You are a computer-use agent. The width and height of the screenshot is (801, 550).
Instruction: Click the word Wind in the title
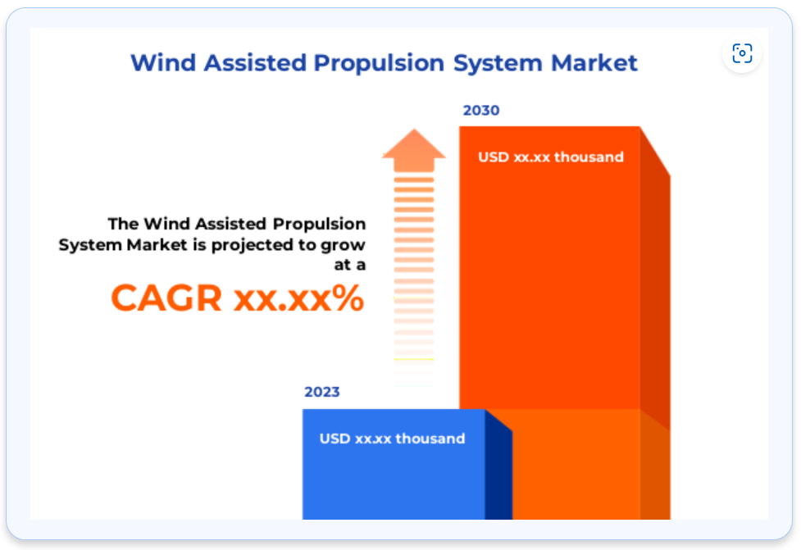pyautogui.click(x=163, y=63)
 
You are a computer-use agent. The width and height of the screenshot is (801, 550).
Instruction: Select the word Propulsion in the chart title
pyautogui.click(x=379, y=64)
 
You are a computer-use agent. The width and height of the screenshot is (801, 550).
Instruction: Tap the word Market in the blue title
pyautogui.click(x=594, y=63)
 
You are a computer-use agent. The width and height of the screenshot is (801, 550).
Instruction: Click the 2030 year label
pyautogui.click(x=480, y=111)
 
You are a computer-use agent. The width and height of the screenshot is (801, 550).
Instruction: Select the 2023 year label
pyautogui.click(x=322, y=392)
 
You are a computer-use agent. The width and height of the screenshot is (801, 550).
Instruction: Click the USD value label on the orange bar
pyautogui.click(x=551, y=157)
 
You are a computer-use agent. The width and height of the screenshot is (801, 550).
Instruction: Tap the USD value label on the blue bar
pyautogui.click(x=392, y=439)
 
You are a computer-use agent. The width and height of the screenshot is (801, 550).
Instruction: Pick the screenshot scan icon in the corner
pyautogui.click(x=742, y=53)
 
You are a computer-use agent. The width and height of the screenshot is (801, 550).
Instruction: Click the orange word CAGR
pyautogui.click(x=166, y=298)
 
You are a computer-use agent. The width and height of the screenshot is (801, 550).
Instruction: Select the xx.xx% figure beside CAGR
pyautogui.click(x=298, y=298)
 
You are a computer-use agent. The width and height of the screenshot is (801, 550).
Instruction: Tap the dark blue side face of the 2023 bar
pyautogui.click(x=498, y=467)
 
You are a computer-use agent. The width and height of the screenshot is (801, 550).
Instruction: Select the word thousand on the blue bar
pyautogui.click(x=430, y=439)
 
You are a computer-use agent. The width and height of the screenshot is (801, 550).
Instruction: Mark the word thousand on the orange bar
pyautogui.click(x=589, y=157)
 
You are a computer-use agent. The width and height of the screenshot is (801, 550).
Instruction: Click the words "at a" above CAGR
pyautogui.click(x=350, y=265)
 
